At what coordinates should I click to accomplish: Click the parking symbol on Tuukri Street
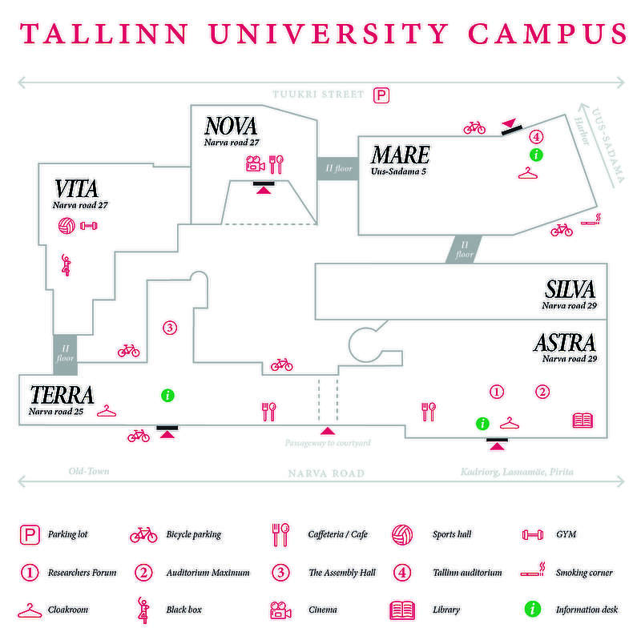click(382, 95)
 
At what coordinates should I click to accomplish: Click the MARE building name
click(399, 155)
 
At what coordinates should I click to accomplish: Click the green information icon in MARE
click(536, 154)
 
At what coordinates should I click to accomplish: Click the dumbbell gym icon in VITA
click(88, 227)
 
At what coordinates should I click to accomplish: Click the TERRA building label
click(62, 395)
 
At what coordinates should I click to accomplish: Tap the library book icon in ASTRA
click(583, 421)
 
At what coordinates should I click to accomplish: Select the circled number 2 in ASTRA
click(542, 392)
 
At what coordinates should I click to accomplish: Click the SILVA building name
click(570, 290)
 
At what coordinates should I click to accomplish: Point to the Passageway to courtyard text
click(327, 442)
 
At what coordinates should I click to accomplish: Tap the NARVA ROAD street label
click(326, 473)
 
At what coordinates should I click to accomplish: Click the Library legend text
click(447, 610)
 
